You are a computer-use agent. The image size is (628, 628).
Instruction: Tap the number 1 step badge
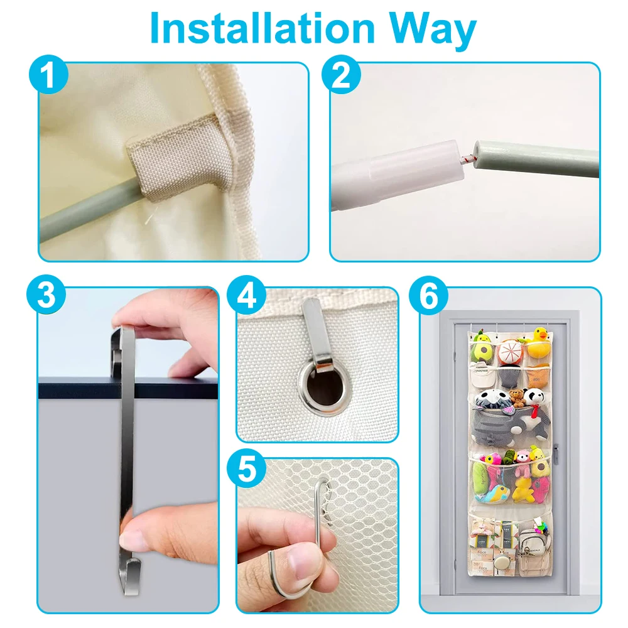point(48,75)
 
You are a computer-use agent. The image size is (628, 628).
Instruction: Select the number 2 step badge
point(341,75)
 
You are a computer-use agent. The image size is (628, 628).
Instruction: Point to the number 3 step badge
point(46,296)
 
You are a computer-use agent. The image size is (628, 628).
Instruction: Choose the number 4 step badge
point(246,296)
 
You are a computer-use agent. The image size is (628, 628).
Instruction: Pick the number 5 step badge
point(246,468)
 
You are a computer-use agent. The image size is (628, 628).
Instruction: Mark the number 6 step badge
point(428,296)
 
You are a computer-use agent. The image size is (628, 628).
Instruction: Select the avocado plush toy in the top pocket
point(482,349)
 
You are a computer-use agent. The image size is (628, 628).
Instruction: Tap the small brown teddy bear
point(517,398)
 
